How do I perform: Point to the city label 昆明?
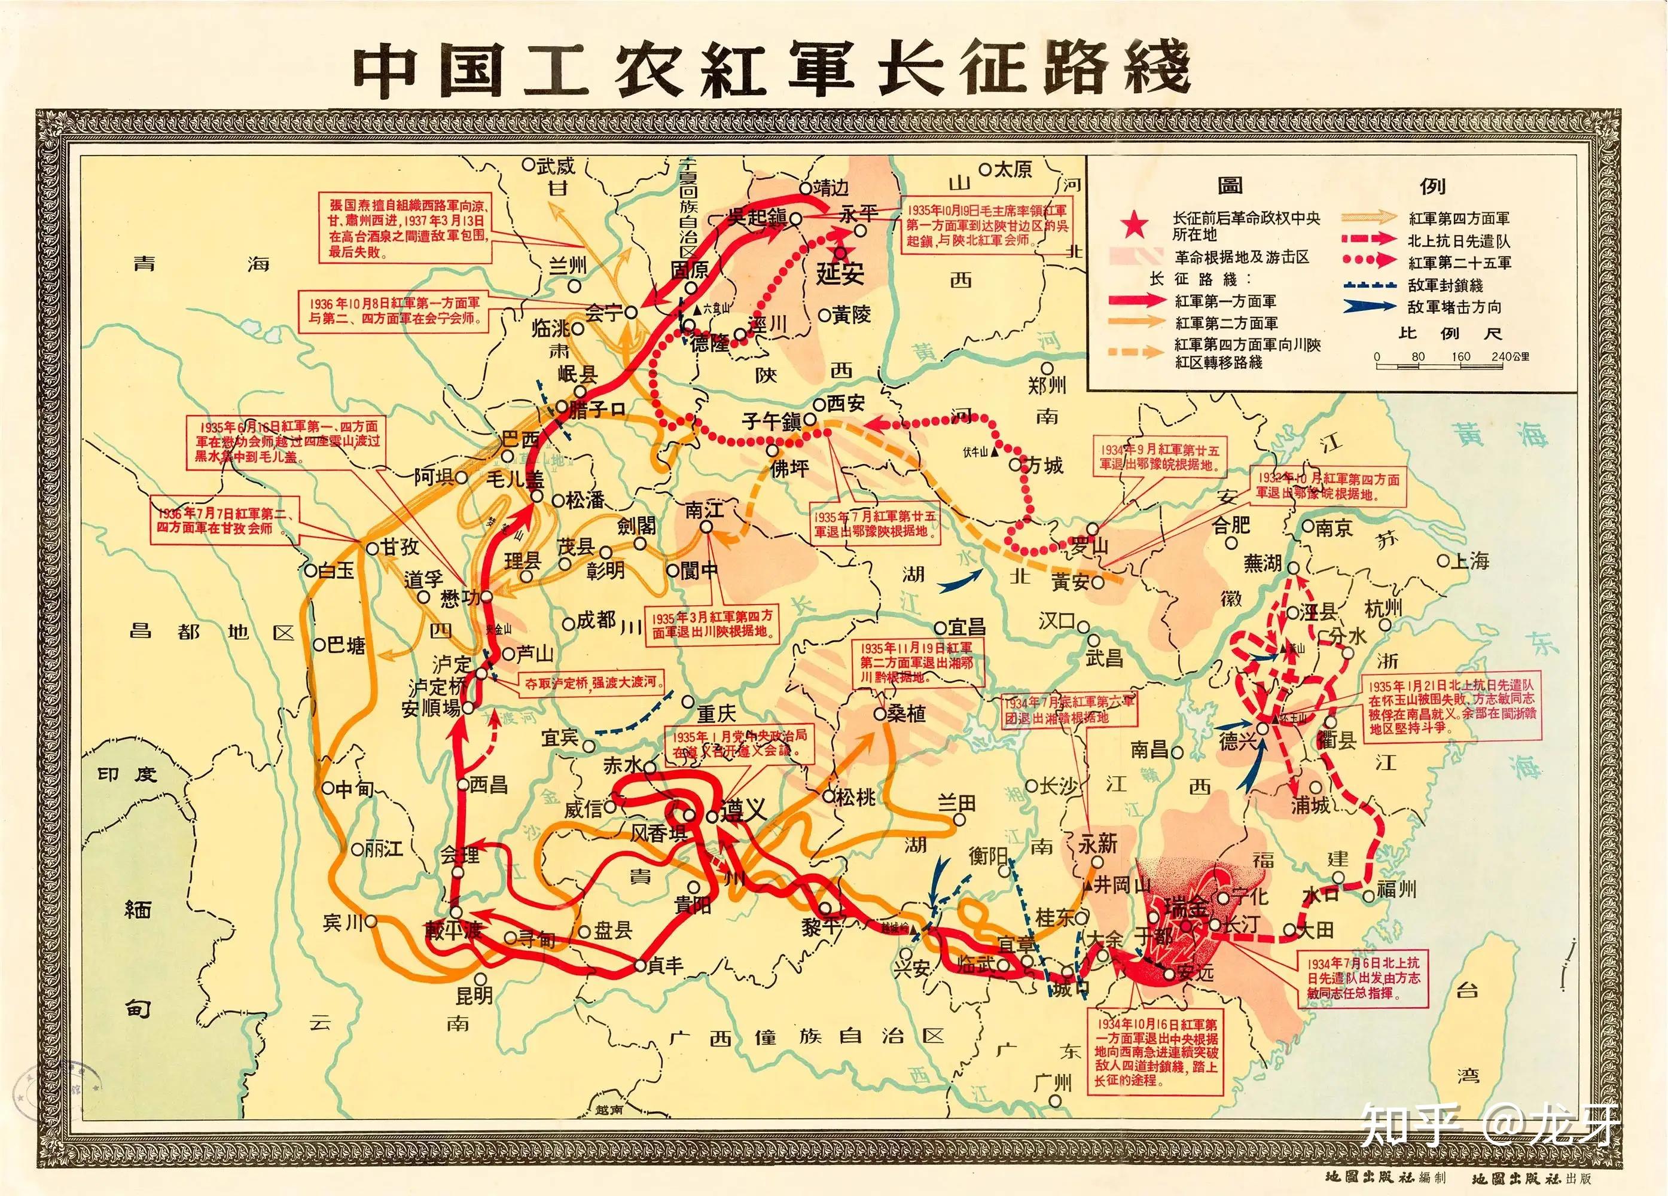point(474,996)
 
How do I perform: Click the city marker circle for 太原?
point(986,169)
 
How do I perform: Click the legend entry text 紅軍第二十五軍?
point(1460,263)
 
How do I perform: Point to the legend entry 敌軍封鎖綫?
point(1445,285)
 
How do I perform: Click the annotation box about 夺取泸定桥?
point(589,682)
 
